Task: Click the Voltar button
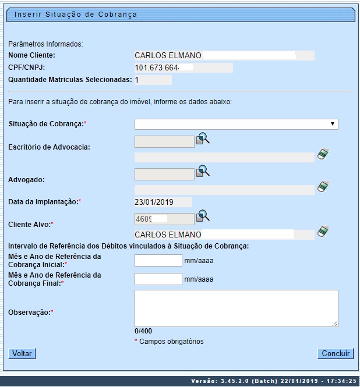point(22,353)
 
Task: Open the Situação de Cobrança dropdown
point(236,124)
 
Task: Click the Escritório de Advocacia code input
point(164,141)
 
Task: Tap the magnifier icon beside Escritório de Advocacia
point(203,139)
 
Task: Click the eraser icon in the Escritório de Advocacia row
point(323,154)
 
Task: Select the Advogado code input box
point(164,174)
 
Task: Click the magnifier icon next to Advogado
point(203,171)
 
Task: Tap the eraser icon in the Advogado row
point(323,187)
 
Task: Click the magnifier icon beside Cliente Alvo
point(203,216)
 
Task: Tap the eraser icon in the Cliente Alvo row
point(323,232)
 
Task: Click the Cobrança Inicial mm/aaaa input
point(158,260)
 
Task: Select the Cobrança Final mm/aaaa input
point(158,279)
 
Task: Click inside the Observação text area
point(236,308)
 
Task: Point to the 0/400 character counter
point(143,331)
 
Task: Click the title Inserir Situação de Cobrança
point(76,15)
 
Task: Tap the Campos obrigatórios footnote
point(171,342)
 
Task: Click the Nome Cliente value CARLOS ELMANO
point(168,55)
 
